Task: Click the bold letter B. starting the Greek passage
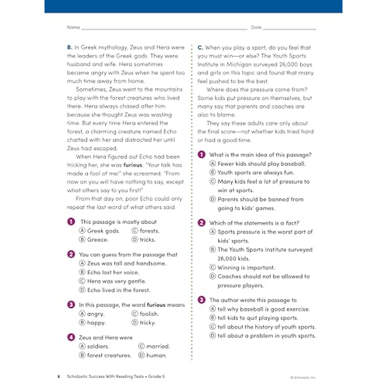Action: pos(70,47)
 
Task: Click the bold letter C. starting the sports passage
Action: pos(200,48)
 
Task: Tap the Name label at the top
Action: pos(73,27)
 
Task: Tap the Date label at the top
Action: pos(256,27)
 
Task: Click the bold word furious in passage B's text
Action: pos(133,165)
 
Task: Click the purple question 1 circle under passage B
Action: pos(71,222)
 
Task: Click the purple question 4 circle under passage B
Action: pos(71,337)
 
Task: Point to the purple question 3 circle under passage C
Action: pos(202,300)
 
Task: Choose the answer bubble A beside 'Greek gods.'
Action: pos(82,231)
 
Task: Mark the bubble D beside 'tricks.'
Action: pos(135,240)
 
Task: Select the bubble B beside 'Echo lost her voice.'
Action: pos(82,272)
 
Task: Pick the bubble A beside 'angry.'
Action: pos(82,314)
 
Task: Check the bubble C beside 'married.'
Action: pos(141,346)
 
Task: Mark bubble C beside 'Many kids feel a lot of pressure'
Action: pos(213,182)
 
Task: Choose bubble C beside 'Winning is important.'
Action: pos(213,267)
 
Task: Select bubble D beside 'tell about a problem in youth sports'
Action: pos(213,336)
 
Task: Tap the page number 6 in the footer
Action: pos(59,376)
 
